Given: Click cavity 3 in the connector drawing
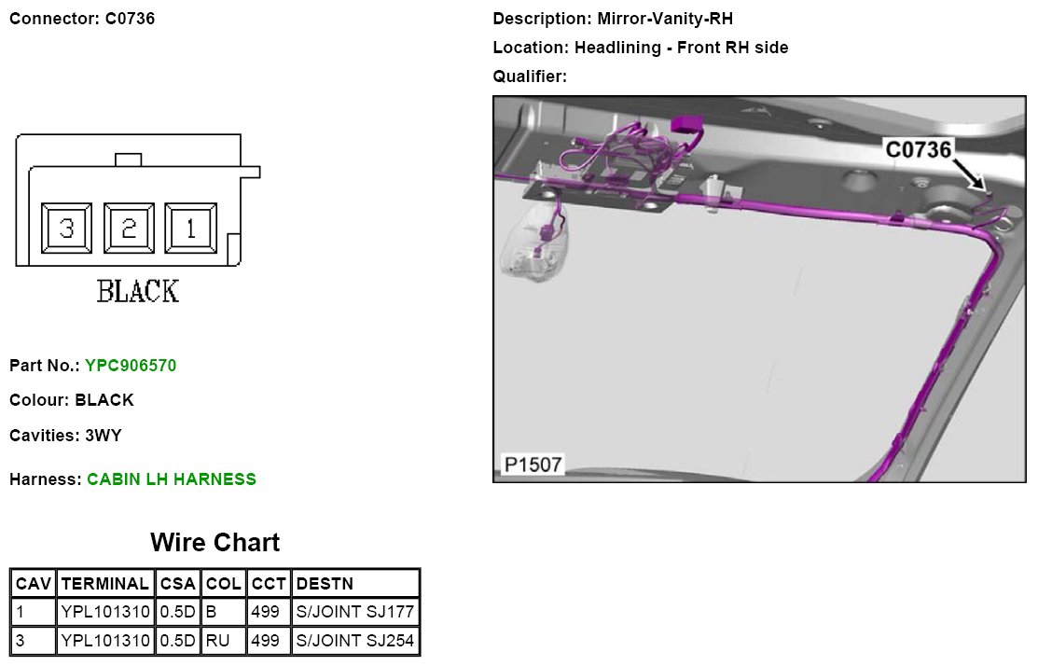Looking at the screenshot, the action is [66, 229].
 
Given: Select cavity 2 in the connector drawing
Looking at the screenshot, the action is [129, 229].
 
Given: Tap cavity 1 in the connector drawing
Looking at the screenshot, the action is [191, 229].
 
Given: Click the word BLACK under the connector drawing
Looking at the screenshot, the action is [138, 291].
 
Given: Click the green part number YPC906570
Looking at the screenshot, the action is [131, 366].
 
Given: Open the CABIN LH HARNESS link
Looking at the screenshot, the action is [172, 479].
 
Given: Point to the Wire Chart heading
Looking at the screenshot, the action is [215, 542].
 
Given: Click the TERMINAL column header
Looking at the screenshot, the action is [105, 584].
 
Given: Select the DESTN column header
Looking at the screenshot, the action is [325, 584].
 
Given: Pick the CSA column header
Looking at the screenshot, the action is [178, 584].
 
